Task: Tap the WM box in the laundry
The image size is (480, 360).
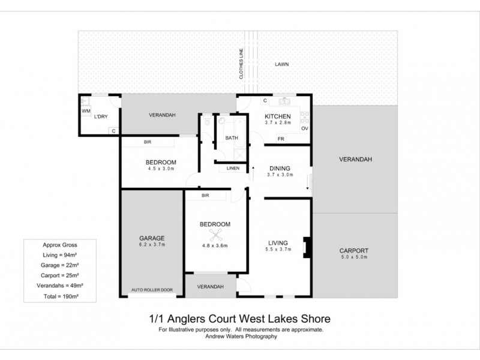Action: point(85,111)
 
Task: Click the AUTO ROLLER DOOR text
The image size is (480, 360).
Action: point(152,290)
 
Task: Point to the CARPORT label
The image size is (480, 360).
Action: point(353,250)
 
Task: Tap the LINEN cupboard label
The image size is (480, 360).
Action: point(232,169)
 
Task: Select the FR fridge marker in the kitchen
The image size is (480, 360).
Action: point(280,139)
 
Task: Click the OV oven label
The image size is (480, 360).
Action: point(304,129)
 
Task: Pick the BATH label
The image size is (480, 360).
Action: point(232,138)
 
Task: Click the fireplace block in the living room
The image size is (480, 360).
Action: point(307,247)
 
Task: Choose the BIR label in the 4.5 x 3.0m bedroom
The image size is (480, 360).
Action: point(147,142)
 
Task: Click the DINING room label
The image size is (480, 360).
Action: point(280,169)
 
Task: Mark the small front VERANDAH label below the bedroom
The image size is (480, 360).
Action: point(210,287)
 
